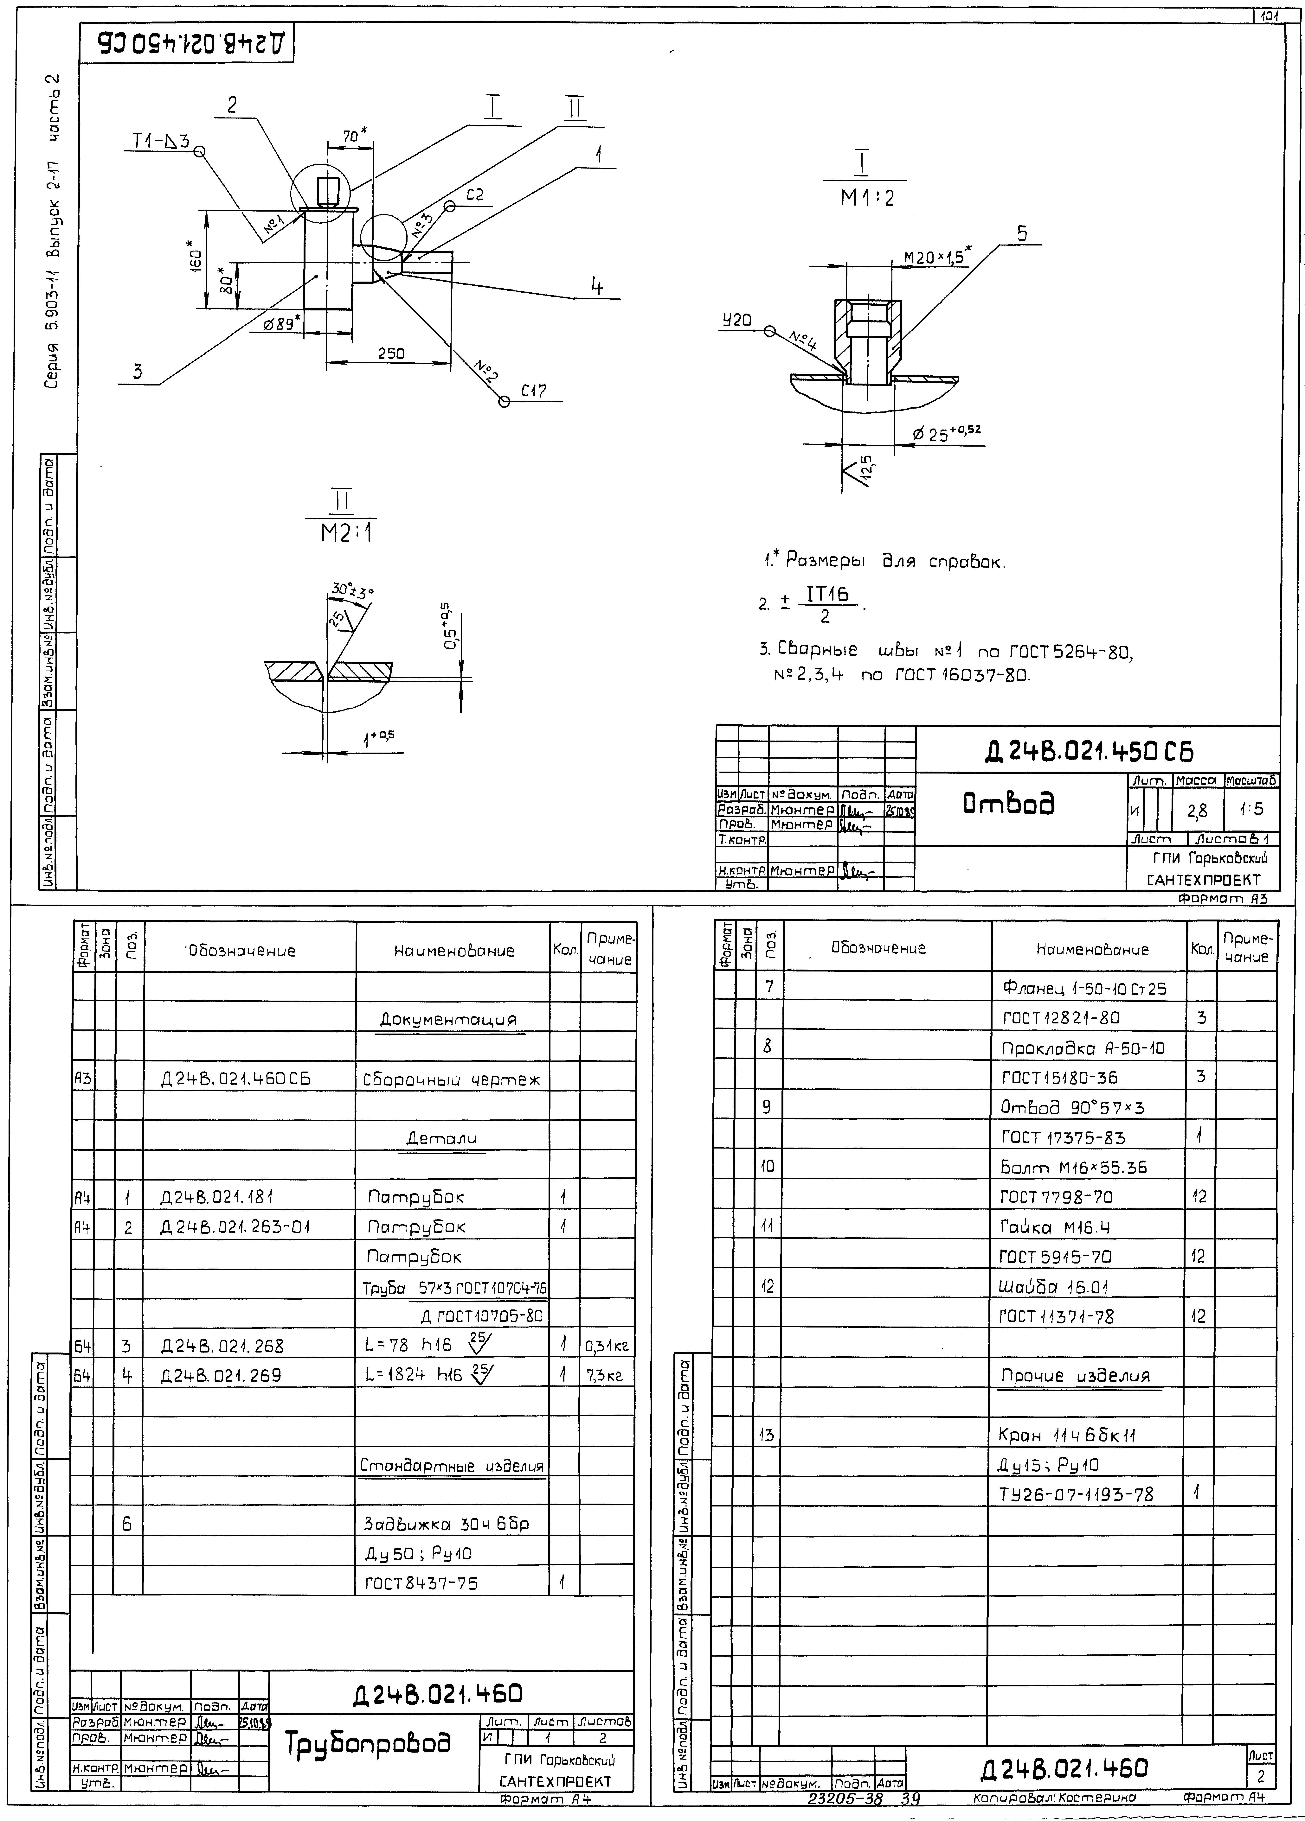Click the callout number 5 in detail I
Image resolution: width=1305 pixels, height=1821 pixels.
coord(1021,234)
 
